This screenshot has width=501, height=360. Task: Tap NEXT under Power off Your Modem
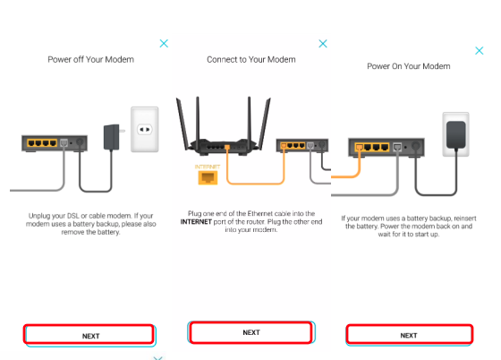point(89,335)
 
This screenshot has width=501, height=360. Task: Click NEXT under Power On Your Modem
point(409,335)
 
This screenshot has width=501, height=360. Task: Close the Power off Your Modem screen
point(164,44)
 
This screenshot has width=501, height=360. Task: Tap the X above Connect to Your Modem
point(323,44)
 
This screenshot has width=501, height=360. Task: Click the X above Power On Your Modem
point(479,50)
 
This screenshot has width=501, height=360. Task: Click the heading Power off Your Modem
point(90,59)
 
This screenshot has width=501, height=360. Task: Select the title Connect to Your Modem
point(251,59)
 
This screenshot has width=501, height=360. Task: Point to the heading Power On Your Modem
point(409,66)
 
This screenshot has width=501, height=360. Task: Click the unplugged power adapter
point(113,137)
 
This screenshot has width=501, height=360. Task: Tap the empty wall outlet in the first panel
point(144,129)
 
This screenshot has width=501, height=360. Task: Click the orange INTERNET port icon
point(208,177)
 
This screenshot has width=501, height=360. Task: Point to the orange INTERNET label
point(208,167)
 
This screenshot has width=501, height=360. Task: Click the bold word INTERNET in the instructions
point(196,222)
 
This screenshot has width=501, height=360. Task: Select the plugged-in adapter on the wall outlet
point(456,135)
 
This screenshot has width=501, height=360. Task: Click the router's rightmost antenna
point(264,124)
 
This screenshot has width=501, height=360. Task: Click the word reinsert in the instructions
point(465,219)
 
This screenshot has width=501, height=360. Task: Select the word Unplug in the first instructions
point(38,216)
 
